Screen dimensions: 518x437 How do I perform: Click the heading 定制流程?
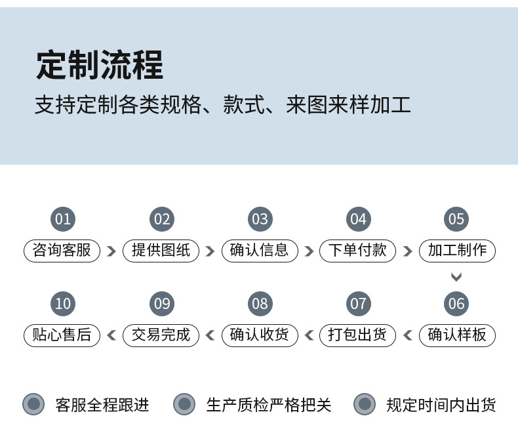pyautogui.click(x=100, y=65)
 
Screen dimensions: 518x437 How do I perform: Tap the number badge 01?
pyautogui.click(x=63, y=219)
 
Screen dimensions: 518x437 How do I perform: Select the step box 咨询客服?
pyautogui.click(x=62, y=251)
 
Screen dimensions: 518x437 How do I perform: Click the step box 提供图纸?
pyautogui.click(x=161, y=251)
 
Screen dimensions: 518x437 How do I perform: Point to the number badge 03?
pyautogui.click(x=260, y=219)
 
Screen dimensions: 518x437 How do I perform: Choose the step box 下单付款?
pyautogui.click(x=357, y=251)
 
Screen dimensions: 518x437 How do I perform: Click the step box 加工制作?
pyautogui.click(x=457, y=251)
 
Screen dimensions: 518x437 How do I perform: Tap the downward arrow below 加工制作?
pyautogui.click(x=456, y=277)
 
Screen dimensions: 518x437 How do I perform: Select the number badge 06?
pyautogui.click(x=456, y=304)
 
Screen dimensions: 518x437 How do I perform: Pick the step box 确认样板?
pyautogui.click(x=457, y=335)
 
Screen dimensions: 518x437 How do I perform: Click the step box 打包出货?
pyautogui.click(x=357, y=335)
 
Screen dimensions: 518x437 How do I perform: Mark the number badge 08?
pyautogui.click(x=260, y=304)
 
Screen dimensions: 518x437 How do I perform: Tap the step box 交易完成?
pyautogui.click(x=161, y=335)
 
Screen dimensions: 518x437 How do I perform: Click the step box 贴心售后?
pyautogui.click(x=62, y=335)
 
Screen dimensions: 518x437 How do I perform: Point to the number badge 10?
pyautogui.click(x=63, y=304)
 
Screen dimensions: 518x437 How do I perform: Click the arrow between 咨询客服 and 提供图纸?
pyautogui.click(x=111, y=251)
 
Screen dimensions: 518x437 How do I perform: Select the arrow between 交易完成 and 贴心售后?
pyautogui.click(x=111, y=335)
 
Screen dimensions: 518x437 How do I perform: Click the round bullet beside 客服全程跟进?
pyautogui.click(x=33, y=404)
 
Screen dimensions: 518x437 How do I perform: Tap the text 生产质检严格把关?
pyautogui.click(x=269, y=405)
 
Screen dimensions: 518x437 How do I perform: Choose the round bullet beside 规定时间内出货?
pyautogui.click(x=365, y=404)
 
